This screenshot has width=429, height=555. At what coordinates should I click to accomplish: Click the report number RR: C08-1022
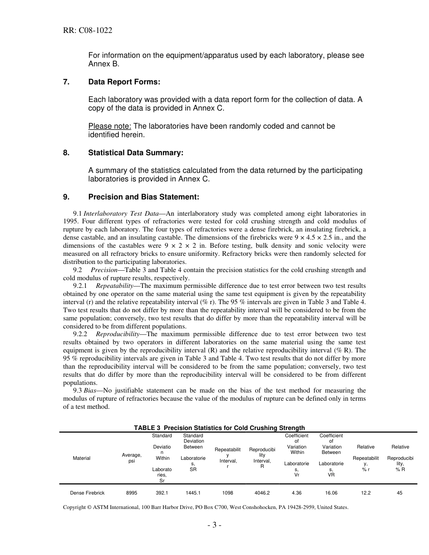88,31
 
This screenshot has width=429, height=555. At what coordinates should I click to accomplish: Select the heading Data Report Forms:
124,82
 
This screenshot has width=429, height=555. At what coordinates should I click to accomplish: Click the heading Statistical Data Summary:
136,153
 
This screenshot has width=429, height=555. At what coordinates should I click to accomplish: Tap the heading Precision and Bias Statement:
144,197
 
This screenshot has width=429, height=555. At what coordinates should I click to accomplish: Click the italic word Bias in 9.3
90,390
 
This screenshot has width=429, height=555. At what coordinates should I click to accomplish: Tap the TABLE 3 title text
219,428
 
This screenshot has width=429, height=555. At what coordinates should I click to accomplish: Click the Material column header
82,458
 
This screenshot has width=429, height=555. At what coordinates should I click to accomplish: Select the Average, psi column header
132,458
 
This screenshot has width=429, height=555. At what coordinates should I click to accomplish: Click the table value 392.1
162,493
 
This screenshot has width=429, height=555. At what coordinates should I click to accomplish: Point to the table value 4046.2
262,493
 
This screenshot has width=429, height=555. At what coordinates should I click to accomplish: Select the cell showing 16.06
331,493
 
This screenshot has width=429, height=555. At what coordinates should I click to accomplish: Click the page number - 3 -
214,525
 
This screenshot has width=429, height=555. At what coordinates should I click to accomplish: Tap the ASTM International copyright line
205,507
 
